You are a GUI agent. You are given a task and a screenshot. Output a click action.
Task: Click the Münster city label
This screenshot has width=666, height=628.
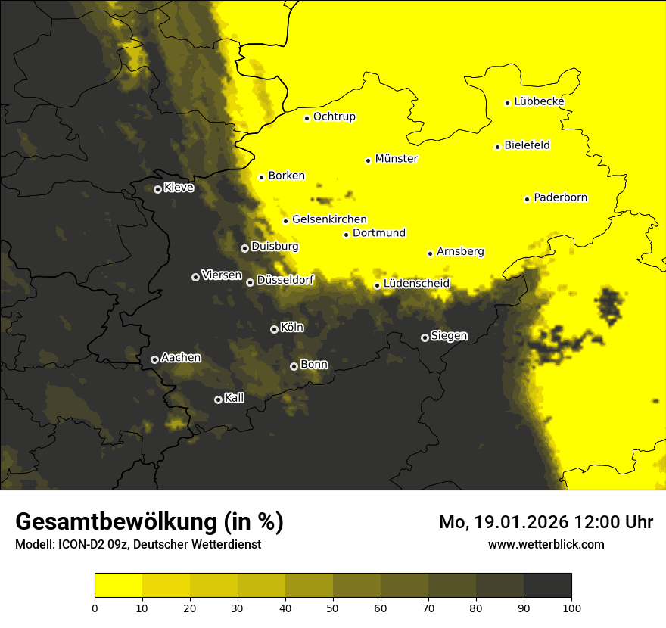[396, 159]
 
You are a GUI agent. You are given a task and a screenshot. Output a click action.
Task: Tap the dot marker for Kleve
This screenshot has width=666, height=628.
[157, 189]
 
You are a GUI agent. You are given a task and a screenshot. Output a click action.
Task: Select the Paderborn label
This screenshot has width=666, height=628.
[560, 197]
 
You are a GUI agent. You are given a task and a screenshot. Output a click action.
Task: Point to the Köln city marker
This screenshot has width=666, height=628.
[274, 329]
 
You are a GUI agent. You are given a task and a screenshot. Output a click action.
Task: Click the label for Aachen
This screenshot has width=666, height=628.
[181, 358]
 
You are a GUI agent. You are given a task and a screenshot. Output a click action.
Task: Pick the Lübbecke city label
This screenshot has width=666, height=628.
[539, 101]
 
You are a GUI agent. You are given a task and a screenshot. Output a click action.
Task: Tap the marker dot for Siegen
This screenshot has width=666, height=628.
[425, 337]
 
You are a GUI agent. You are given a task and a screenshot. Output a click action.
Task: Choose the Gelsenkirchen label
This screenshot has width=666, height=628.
[329, 219]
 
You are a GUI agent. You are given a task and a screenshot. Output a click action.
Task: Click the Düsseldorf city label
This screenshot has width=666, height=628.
[285, 281]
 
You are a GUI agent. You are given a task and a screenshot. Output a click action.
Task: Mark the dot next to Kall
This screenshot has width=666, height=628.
[218, 399]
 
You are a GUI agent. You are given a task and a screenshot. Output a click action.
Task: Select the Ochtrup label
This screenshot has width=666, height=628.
[334, 117]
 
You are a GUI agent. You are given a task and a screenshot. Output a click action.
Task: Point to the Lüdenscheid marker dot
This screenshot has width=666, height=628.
[377, 285]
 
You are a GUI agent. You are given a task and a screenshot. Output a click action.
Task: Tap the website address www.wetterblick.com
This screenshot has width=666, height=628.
[546, 544]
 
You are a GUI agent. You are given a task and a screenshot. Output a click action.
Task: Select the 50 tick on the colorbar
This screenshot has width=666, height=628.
[333, 607]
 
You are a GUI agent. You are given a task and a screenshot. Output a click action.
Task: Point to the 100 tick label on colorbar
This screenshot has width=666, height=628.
[571, 607]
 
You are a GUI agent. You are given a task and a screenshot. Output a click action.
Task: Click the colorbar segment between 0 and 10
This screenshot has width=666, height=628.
[118, 586]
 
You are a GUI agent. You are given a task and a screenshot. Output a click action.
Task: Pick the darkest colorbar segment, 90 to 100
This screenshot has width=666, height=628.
[547, 586]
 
